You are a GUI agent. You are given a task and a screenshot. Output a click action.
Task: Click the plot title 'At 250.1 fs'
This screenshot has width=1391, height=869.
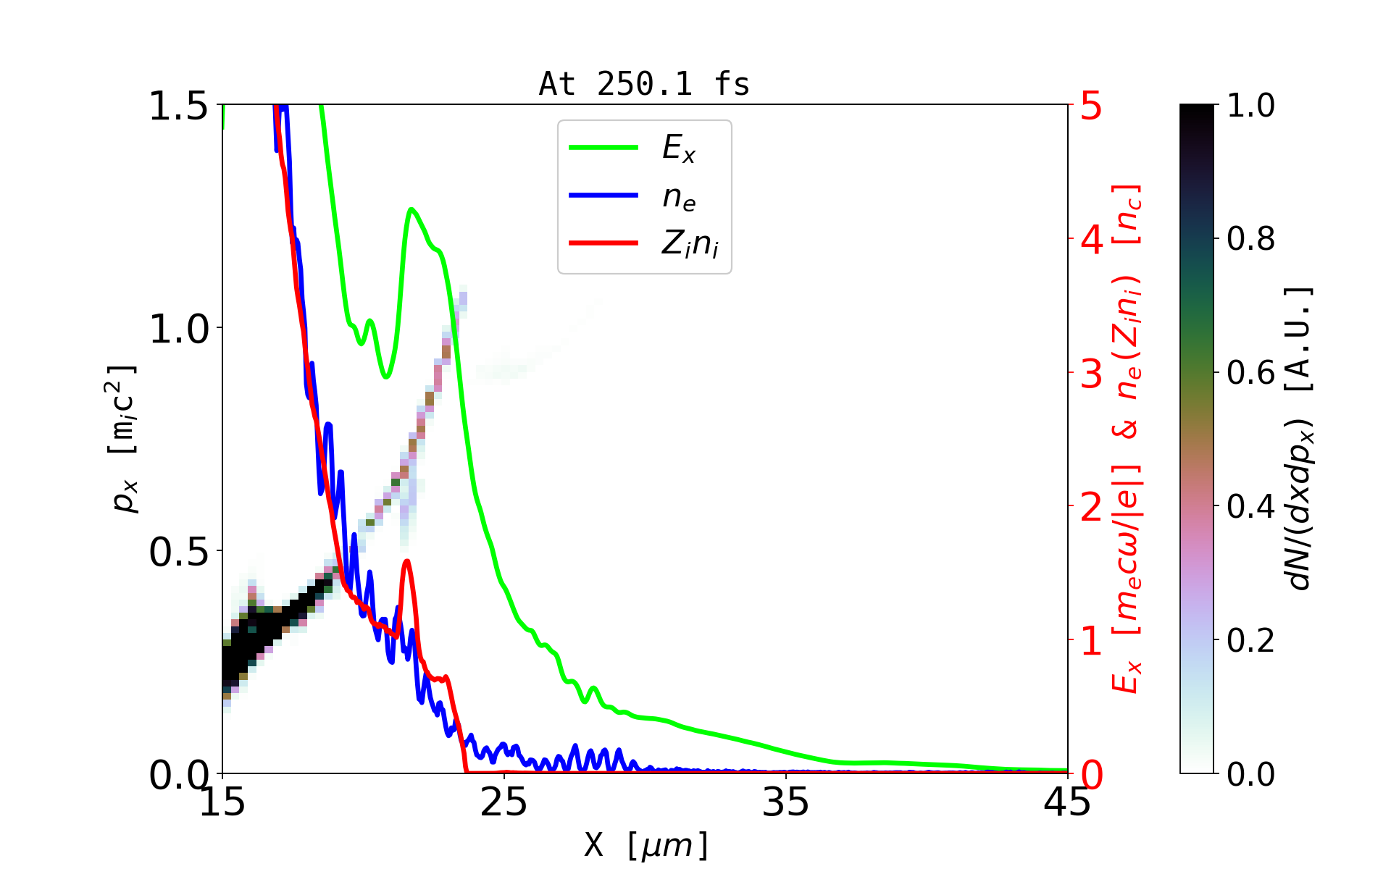pyautogui.click(x=644, y=84)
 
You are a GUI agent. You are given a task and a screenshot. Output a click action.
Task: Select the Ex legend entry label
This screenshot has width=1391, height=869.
pyautogui.click(x=679, y=148)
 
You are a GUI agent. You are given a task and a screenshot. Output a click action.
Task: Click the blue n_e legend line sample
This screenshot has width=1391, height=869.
pyautogui.click(x=603, y=196)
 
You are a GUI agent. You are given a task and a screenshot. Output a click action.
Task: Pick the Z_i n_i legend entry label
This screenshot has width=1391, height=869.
pyautogui.click(x=690, y=244)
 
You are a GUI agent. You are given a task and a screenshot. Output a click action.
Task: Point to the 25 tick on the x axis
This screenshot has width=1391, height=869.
pyautogui.click(x=504, y=802)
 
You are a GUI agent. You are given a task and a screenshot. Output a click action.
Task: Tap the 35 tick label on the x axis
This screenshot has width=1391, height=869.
pyautogui.click(x=786, y=802)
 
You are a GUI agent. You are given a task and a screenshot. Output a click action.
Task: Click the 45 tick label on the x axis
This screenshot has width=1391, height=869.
pyautogui.click(x=1068, y=802)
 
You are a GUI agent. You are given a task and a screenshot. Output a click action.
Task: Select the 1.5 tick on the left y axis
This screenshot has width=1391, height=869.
pyautogui.click(x=178, y=106)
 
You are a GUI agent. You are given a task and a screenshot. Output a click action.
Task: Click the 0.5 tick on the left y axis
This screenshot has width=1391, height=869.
pyautogui.click(x=178, y=552)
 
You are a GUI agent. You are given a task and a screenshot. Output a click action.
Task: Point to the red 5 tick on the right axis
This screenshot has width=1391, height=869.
pyautogui.click(x=1091, y=106)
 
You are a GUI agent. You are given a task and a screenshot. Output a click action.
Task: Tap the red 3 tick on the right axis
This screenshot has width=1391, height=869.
pyautogui.click(x=1091, y=373)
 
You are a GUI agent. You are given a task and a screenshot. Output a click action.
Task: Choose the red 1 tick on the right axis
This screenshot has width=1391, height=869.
pyautogui.click(x=1091, y=641)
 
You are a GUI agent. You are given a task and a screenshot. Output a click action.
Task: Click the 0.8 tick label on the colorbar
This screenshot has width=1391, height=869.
pyautogui.click(x=1250, y=238)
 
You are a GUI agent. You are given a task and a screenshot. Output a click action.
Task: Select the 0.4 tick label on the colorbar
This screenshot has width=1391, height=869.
pyautogui.click(x=1250, y=506)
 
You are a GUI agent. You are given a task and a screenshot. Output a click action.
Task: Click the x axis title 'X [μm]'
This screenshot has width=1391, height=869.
pyautogui.click(x=646, y=844)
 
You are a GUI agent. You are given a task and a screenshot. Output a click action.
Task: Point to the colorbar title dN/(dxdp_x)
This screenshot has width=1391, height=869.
pyautogui.click(x=1300, y=438)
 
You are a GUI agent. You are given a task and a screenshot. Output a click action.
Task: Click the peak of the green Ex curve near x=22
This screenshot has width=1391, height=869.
pyautogui.click(x=411, y=209)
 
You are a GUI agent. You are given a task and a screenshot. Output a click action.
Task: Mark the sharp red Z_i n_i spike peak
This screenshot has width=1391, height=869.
pyautogui.click(x=407, y=561)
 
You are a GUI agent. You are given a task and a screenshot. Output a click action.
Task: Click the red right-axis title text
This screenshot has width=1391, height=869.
pyautogui.click(x=1126, y=438)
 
